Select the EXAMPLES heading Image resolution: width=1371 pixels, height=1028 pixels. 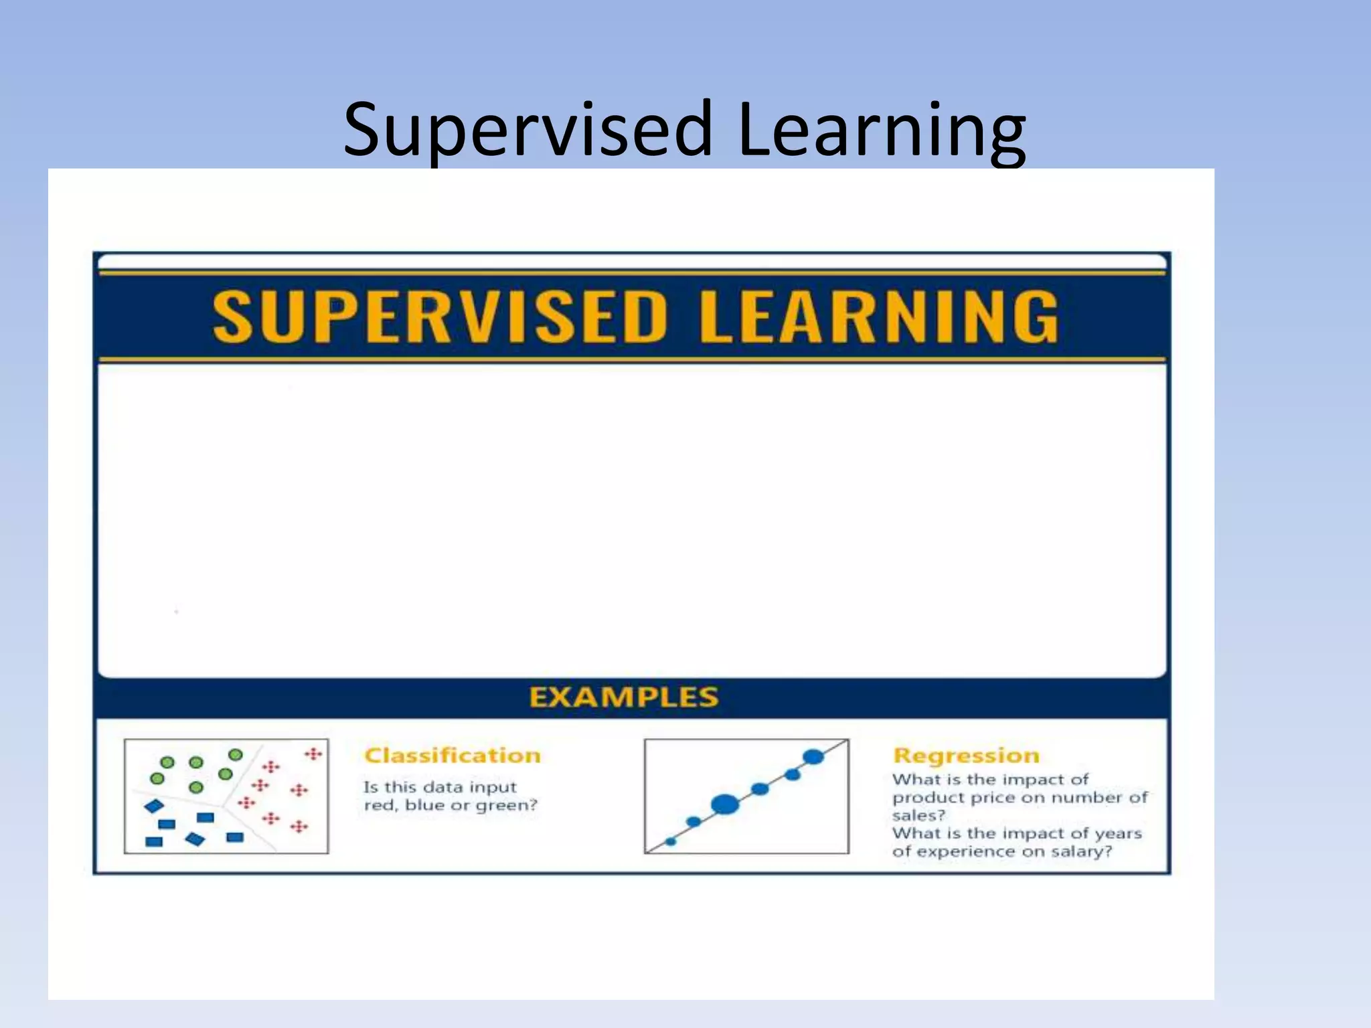[x=623, y=697]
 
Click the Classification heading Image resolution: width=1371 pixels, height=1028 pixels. [x=453, y=756]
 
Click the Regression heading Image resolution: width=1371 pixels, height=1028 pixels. [x=966, y=756]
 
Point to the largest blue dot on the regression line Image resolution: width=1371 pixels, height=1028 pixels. [x=724, y=804]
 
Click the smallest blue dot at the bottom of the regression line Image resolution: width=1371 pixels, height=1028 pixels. [x=671, y=841]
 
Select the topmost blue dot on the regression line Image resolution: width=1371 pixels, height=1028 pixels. [x=813, y=757]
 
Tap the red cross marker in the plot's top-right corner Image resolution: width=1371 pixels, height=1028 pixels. [x=313, y=754]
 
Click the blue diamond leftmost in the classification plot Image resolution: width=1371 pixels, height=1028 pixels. [x=154, y=806]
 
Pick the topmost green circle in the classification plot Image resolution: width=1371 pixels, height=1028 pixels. [x=235, y=755]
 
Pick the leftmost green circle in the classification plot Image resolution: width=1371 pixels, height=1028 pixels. [x=157, y=778]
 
